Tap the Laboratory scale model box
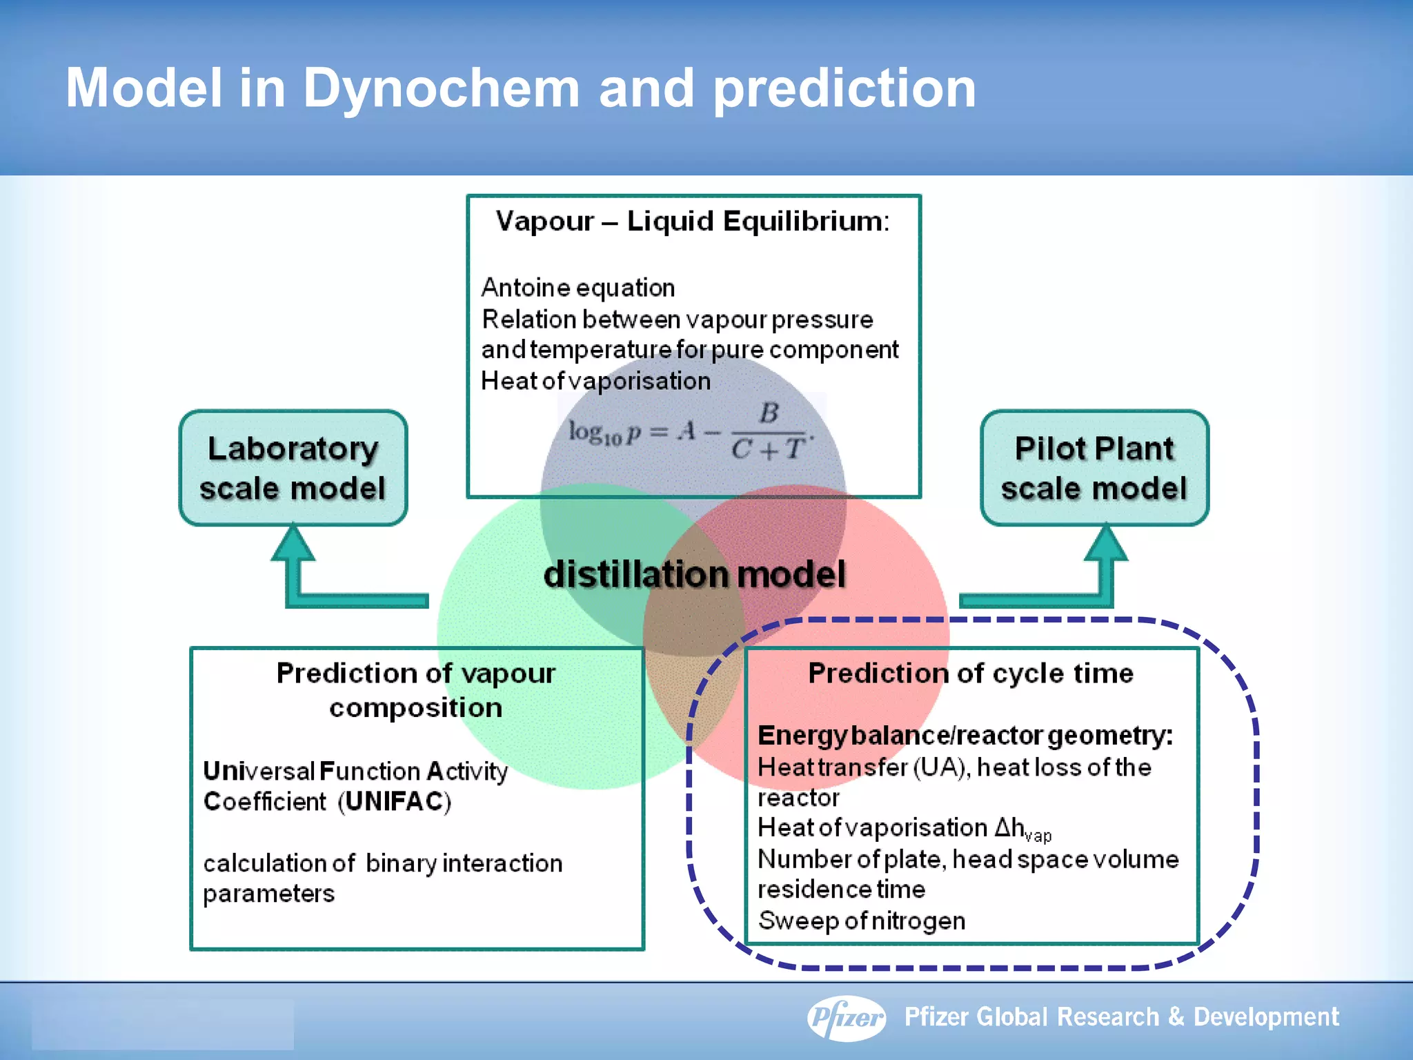(293, 469)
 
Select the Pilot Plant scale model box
(1094, 469)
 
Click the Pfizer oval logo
(847, 1017)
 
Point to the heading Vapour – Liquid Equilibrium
(692, 222)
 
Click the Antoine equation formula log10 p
(690, 433)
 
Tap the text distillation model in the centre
(694, 574)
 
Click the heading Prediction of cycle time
(971, 673)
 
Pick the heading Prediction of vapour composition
(416, 689)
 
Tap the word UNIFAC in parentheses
(395, 802)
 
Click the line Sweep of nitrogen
(862, 921)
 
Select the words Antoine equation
(578, 287)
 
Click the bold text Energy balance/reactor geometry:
(965, 736)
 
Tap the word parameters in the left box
(269, 894)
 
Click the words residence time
(841, 890)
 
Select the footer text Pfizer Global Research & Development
(1121, 1017)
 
